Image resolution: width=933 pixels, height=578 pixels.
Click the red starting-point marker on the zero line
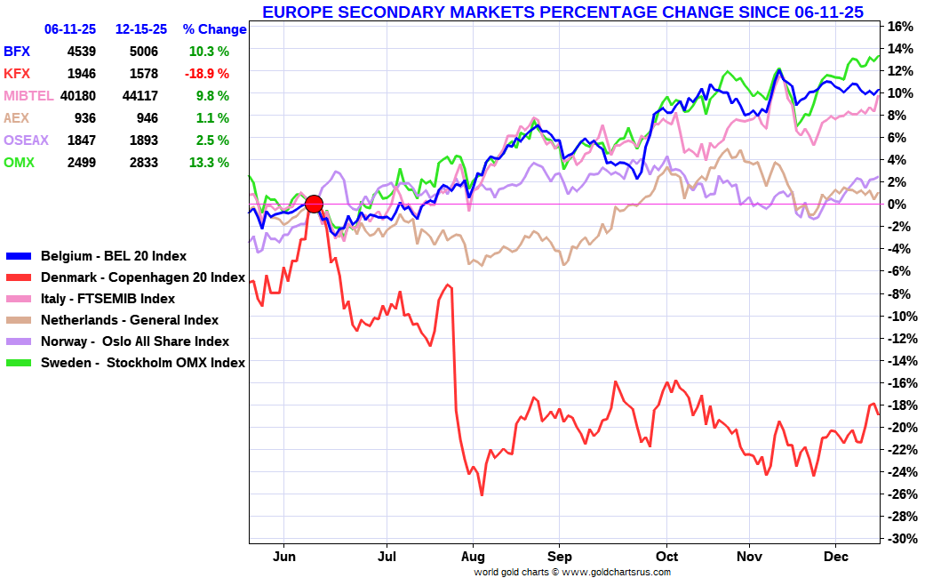[314, 205]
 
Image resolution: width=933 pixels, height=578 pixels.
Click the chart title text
[562, 12]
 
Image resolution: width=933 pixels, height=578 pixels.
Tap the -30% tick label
[899, 539]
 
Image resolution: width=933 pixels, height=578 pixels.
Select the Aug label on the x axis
[473, 557]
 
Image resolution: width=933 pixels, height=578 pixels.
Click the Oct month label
[666, 557]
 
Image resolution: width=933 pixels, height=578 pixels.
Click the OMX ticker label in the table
[19, 163]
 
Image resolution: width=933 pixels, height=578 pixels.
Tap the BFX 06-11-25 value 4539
[82, 52]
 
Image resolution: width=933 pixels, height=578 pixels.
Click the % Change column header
[215, 29]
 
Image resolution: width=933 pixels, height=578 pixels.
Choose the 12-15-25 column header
[141, 29]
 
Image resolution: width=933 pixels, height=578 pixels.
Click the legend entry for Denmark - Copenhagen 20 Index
[125, 277]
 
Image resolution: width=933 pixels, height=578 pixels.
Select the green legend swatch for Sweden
[19, 363]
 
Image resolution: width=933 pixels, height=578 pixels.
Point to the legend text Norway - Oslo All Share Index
[135, 341]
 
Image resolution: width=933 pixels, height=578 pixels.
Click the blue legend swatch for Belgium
[19, 256]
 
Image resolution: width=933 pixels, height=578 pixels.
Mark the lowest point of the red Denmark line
[482, 494]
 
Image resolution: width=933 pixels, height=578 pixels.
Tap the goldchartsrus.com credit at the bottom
[572, 572]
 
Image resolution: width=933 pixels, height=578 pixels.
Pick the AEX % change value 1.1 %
[212, 118]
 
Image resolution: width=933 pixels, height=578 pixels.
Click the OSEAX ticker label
[26, 140]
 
